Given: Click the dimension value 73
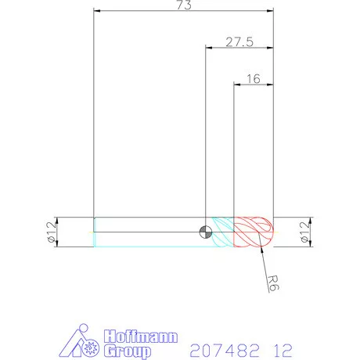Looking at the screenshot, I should click(x=184, y=5).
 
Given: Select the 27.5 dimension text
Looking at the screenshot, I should click(x=239, y=42).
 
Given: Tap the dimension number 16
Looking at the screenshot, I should click(x=253, y=78).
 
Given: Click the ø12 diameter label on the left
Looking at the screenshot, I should click(x=52, y=232).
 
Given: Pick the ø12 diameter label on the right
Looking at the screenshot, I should click(x=305, y=232).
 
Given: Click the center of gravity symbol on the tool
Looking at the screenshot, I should click(x=205, y=231).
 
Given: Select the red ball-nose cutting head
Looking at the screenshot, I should click(x=254, y=232).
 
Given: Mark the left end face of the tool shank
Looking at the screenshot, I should click(x=94, y=232).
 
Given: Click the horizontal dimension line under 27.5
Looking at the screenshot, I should click(x=239, y=49).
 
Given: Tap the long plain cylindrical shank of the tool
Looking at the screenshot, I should click(x=149, y=232).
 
